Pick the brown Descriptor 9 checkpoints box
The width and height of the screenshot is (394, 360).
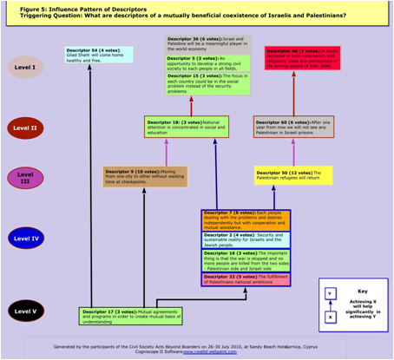coord(133,176)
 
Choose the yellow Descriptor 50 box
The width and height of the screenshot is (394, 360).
coord(293,175)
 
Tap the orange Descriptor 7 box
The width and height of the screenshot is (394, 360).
coord(246,220)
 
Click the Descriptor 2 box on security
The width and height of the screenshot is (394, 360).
coord(246,239)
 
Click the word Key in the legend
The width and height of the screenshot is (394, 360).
coord(363,291)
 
